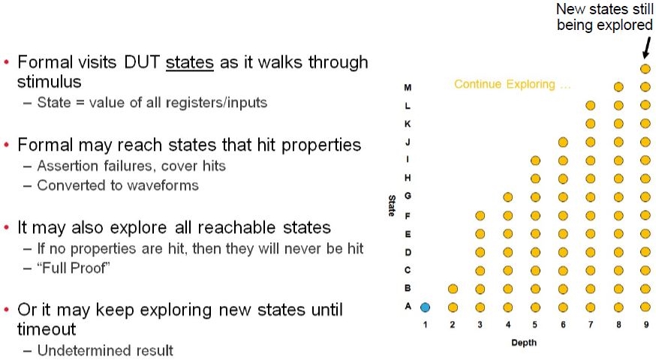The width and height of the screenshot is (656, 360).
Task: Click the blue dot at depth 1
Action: (x=425, y=307)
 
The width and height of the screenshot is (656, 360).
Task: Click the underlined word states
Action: (x=190, y=62)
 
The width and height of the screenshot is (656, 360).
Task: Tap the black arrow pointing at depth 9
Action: (x=647, y=48)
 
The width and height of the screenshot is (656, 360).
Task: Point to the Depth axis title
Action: (x=524, y=343)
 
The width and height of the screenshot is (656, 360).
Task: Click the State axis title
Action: (x=392, y=205)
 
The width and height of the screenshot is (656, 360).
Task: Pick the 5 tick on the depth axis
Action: (x=535, y=325)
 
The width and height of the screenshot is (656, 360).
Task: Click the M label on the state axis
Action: (x=408, y=88)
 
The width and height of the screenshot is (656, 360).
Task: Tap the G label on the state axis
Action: (x=408, y=196)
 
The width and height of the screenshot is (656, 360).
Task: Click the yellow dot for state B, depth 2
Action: (x=453, y=289)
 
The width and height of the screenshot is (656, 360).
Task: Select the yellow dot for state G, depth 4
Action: (x=508, y=197)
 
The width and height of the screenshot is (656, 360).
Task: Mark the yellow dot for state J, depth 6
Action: (x=563, y=142)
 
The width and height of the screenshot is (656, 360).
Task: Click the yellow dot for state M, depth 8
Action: (x=618, y=87)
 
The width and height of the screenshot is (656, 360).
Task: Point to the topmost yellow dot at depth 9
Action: (x=645, y=68)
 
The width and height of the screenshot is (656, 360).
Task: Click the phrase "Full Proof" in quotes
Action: (x=74, y=268)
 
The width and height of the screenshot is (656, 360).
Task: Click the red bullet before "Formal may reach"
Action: (x=6, y=145)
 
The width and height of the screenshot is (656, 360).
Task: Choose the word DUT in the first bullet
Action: (x=141, y=62)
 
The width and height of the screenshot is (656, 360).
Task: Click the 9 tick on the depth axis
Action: (x=646, y=325)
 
